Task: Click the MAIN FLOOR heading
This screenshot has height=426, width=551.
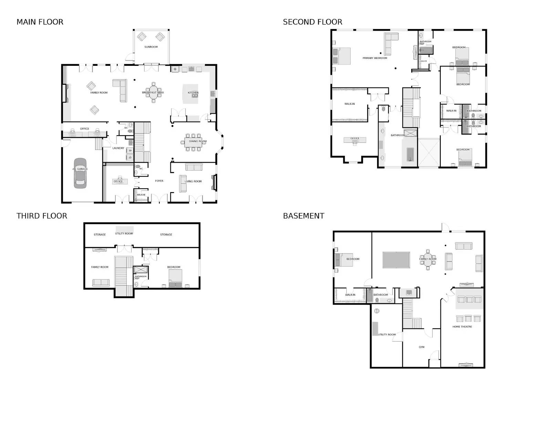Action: click(40, 22)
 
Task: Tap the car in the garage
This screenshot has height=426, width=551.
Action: click(80, 173)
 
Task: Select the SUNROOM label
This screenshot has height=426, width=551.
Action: click(151, 47)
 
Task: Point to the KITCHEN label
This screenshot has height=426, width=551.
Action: click(193, 93)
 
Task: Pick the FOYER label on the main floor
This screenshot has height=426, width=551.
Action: click(159, 181)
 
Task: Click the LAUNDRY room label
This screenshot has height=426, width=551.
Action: click(118, 148)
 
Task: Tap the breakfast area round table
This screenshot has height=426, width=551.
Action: click(153, 92)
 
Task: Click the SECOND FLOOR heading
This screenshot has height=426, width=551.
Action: click(312, 22)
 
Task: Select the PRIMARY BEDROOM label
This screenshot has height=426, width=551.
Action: click(375, 58)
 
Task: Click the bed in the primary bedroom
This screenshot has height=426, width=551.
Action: click(342, 56)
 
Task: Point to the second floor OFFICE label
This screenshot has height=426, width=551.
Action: click(355, 138)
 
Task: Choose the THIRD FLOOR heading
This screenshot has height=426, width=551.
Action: click(42, 216)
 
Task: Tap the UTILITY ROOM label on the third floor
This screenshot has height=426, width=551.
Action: click(124, 233)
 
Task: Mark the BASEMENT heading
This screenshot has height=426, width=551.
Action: click(303, 216)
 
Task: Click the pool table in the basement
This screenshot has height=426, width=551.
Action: click(396, 260)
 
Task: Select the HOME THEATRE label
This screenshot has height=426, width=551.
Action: click(462, 327)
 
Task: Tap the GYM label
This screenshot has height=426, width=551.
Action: click(422, 347)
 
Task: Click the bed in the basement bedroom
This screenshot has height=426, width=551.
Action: click(344, 260)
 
